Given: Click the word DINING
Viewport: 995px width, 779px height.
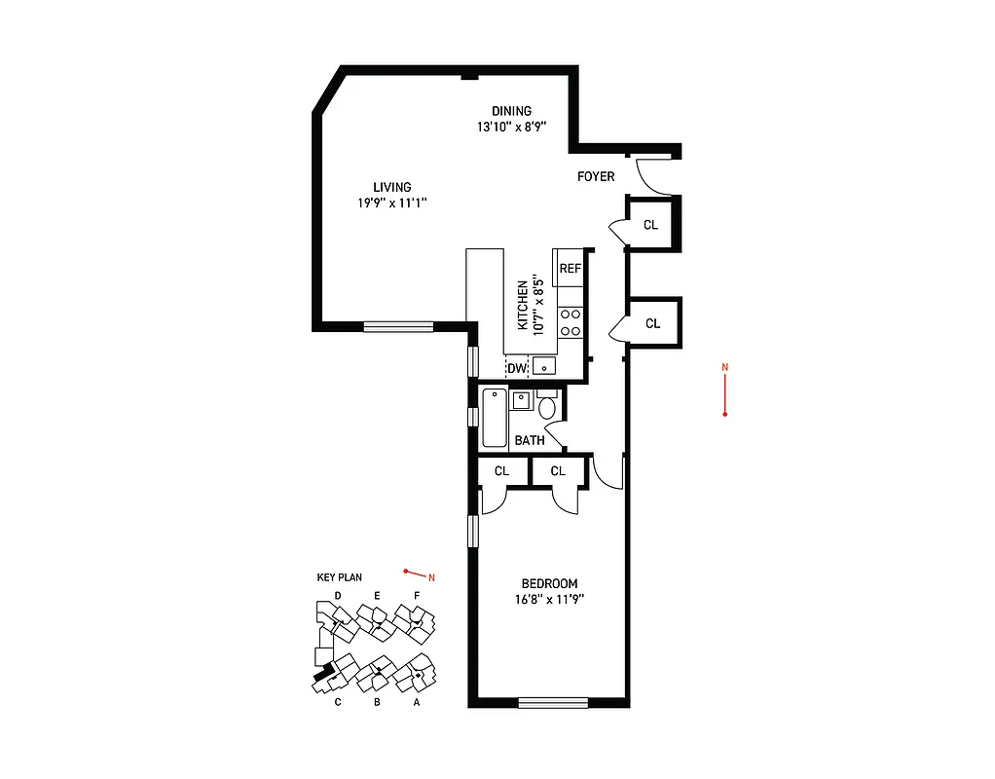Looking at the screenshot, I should pos(511,111).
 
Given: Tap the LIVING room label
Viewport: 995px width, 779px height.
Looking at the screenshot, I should pos(392,187).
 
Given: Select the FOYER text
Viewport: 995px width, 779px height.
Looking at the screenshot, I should pos(596,176).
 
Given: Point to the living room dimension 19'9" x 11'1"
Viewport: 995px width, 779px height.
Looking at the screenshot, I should pos(392,203).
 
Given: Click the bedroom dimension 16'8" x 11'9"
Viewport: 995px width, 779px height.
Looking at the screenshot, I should pos(549,599).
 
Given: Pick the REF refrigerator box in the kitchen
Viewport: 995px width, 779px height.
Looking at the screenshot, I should pos(570,268).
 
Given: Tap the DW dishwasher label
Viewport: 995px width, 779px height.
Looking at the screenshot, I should pos(516,368).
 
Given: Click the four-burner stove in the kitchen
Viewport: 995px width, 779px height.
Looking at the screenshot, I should pos(570,321).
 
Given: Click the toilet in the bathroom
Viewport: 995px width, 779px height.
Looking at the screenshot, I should pos(547,405).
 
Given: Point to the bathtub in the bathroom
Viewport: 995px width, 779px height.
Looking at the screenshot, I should pos(495,419).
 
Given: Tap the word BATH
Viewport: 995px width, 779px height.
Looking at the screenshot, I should pos(530,440).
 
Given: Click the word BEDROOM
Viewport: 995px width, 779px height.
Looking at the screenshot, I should pos(549,583).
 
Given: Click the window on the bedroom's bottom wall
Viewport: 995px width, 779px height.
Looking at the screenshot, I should pos(553,702).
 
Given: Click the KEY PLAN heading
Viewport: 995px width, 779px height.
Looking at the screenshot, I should pos(339,577).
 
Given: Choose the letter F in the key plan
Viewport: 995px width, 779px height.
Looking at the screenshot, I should pos(417,595).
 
